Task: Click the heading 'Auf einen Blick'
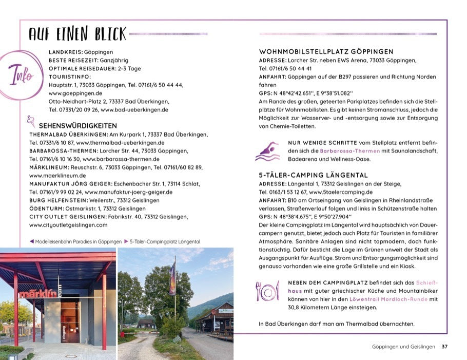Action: pos(77,34)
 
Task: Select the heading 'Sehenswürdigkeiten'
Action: pos(78,125)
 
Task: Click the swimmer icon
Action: pos(267,151)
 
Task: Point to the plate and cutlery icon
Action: pos(267,291)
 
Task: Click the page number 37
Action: pos(444,347)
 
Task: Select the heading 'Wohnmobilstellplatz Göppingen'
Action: pos(326,52)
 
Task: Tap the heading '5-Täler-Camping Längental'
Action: pos(313,176)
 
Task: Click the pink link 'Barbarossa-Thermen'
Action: pos(349,151)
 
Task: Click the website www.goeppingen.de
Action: pos(75,93)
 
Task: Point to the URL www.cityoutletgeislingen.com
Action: pos(68,225)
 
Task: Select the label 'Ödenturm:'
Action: pos(46,209)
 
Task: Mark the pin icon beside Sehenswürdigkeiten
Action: pos(31,122)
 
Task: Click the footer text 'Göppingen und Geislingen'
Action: pos(403,347)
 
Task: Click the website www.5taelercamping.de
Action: pos(342,192)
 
